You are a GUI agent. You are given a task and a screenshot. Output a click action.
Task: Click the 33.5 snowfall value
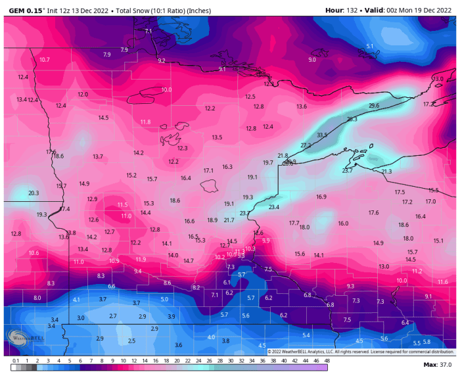coord(321,135)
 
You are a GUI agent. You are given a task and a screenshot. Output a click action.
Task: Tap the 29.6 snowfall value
coord(374,106)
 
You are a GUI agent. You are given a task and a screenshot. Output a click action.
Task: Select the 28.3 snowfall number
coord(352,119)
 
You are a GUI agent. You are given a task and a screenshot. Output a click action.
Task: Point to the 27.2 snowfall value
coord(306,145)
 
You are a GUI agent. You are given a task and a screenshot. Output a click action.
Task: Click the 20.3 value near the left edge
coord(34,193)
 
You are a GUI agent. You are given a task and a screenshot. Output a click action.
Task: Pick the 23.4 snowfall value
coord(274,207)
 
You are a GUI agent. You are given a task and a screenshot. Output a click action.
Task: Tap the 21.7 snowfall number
coord(229,220)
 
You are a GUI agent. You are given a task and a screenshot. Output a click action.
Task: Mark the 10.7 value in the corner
coord(45,60)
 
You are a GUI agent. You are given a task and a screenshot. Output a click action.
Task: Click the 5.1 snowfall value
coord(369,46)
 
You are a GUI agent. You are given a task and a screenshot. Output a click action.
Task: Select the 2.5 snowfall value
coord(131,341)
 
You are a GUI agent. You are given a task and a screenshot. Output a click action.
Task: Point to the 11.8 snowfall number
coord(145,122)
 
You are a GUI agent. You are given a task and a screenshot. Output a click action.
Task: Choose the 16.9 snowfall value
coord(321,197)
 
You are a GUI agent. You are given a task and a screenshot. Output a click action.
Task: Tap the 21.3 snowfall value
coord(386,172)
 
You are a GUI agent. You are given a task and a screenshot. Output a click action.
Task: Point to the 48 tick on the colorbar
coord(327,361)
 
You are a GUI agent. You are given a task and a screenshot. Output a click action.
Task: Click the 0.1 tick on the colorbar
coord(15,361)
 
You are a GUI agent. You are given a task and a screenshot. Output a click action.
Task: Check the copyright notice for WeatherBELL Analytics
coord(361,352)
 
